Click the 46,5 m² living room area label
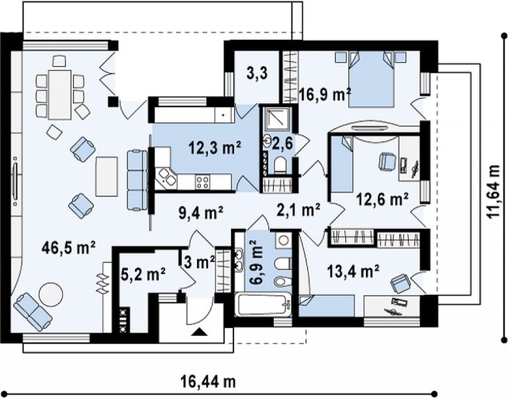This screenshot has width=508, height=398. pos(68,248)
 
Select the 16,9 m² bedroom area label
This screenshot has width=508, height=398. pos(325,95)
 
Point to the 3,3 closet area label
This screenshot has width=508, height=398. pos(257,74)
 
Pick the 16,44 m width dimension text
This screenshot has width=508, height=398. pos(208,382)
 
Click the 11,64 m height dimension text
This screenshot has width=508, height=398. pos(494,192)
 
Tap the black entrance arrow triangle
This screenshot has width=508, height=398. pos(199,332)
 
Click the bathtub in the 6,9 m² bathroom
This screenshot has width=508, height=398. pos(264,305)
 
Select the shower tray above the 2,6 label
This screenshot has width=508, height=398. pos(275,118)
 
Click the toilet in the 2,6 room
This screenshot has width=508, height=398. pos(279,164)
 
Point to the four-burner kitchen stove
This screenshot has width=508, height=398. pos(202,182)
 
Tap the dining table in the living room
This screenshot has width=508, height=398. pos(60,95)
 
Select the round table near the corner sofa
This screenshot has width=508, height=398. pos(51,294)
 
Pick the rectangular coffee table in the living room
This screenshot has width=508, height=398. pos(106,176)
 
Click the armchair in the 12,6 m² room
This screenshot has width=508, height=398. pos(387,161)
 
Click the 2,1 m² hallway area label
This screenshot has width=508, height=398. pos(299,209)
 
